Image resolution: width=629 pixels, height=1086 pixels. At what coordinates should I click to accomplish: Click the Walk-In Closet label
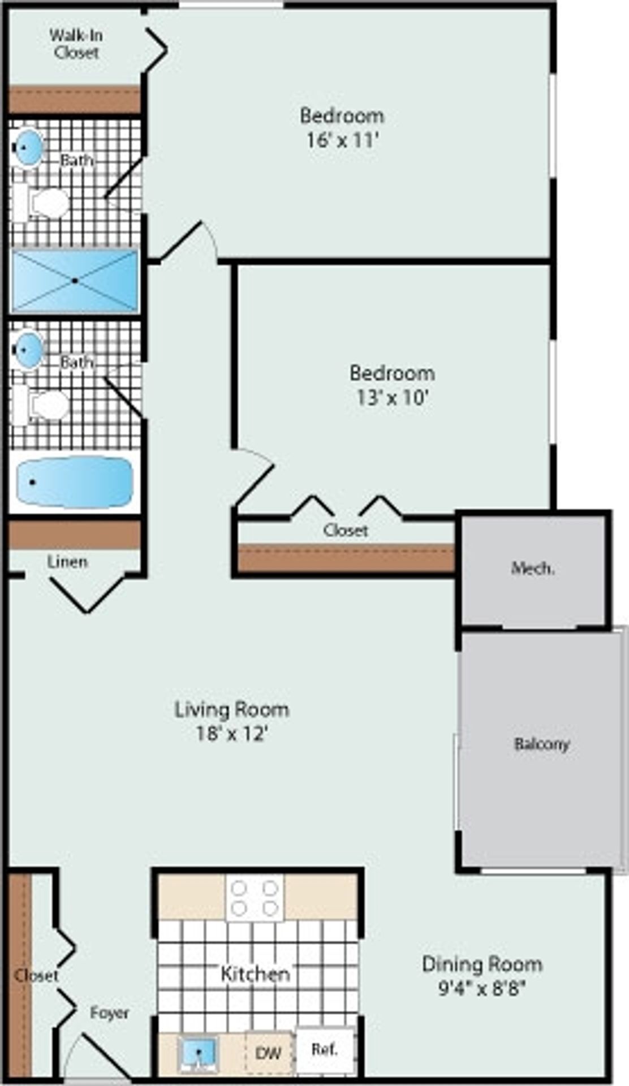click(x=76, y=44)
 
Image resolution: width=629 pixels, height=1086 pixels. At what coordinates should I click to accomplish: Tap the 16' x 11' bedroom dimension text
click(x=342, y=140)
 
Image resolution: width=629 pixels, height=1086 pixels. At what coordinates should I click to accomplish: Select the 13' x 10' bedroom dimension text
click(x=391, y=398)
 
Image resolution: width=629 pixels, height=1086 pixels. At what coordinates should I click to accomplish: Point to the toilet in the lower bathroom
click(x=42, y=405)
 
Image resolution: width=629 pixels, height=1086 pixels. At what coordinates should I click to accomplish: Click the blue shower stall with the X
click(x=75, y=281)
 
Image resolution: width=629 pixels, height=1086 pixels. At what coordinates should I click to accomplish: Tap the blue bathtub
click(x=75, y=482)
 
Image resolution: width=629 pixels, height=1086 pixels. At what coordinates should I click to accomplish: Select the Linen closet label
click(x=67, y=562)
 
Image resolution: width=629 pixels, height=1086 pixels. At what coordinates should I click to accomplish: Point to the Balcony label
click(x=541, y=744)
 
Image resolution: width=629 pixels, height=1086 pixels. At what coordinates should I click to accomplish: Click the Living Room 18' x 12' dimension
click(x=231, y=734)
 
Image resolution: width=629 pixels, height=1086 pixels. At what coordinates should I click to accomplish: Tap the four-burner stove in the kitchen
click(x=255, y=897)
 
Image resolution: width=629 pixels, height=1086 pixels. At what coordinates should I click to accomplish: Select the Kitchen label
click(x=255, y=973)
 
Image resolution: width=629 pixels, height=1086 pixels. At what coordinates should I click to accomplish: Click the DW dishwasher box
click(x=269, y=1053)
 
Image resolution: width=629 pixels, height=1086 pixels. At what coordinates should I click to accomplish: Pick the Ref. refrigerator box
click(x=325, y=1050)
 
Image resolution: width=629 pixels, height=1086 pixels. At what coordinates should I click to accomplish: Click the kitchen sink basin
click(x=198, y=1053)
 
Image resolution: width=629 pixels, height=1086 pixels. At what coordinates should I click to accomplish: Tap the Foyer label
click(x=110, y=1012)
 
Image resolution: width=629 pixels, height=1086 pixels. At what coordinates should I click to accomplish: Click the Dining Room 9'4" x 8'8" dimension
click(x=482, y=988)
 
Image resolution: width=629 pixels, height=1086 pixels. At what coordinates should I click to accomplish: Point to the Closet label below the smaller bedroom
click(x=346, y=530)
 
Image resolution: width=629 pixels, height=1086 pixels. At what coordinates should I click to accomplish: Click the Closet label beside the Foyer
click(x=36, y=975)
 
